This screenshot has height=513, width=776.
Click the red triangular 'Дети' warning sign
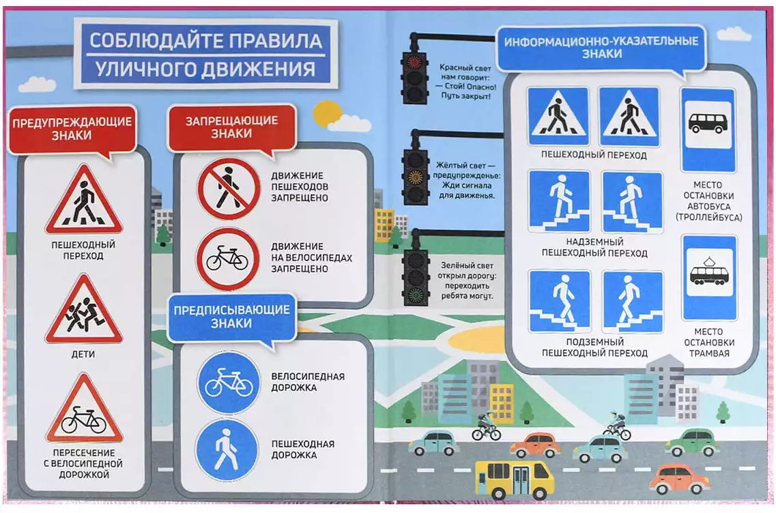point(84,312)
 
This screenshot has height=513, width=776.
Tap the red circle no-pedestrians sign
point(229,188)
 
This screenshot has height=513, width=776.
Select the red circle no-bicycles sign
point(228,259)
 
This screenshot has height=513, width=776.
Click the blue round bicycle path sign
point(229,383)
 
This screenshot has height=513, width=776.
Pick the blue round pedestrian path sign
point(227,450)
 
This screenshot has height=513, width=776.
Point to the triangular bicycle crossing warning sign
point(84,411)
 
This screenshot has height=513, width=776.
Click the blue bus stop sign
point(708,130)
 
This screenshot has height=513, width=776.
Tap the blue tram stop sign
point(709,278)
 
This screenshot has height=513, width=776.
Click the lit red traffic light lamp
point(414,61)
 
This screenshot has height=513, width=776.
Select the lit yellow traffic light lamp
point(415,177)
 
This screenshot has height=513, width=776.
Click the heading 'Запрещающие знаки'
point(231,127)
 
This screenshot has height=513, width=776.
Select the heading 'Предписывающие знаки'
point(231,317)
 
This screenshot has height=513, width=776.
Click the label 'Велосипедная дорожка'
point(308,382)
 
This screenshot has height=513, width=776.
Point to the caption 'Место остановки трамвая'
point(709,342)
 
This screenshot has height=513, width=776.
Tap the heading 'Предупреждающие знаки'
point(72,129)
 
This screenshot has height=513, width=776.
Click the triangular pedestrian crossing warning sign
point(84,201)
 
